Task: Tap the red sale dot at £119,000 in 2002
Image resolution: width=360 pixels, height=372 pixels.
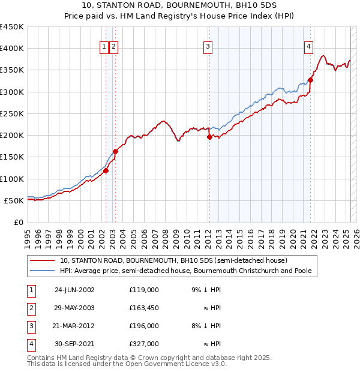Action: tap(106, 170)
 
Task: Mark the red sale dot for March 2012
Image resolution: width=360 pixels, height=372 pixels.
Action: tap(209, 137)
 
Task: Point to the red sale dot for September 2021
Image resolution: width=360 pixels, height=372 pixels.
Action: tap(311, 80)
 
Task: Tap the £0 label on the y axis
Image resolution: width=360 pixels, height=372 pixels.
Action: tap(19, 222)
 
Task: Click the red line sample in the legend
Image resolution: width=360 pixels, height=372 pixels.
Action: tap(43, 261)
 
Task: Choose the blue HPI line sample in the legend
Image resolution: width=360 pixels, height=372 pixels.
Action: tap(43, 271)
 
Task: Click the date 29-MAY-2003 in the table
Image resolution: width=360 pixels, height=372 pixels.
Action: tap(74, 308)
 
